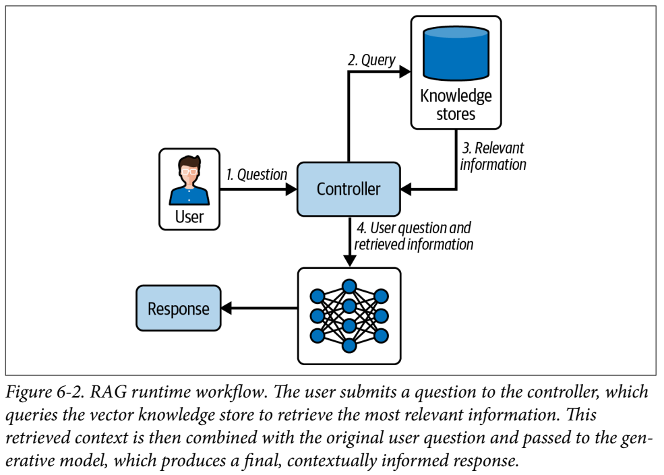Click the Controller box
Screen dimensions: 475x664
coord(348,189)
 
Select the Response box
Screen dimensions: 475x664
coord(178,309)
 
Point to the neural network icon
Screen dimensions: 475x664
coord(349,316)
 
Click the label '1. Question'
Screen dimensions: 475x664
coord(256,175)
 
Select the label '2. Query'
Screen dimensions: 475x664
coord(371,59)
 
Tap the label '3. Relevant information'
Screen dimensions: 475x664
coord(492,156)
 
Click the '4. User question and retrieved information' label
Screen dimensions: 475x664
coord(412,236)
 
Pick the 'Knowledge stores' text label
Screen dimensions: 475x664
coord(456,104)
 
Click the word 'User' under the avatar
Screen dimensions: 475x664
coord(189,217)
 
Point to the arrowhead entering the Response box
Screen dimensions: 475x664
coord(227,309)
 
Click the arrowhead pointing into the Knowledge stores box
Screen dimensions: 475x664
coord(405,71)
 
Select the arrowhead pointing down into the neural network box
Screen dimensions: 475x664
coord(349,261)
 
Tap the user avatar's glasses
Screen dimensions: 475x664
coord(189,170)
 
